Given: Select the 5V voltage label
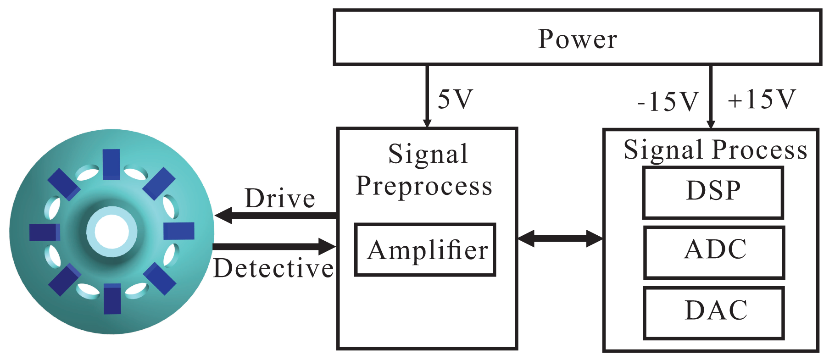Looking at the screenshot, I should coord(455,99).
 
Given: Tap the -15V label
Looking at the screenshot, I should coord(668,101).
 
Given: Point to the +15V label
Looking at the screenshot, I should coord(762,99).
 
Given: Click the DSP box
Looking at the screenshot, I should coord(713,193).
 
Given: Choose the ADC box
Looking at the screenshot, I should coord(714,252).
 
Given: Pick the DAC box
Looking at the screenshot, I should coord(714,313).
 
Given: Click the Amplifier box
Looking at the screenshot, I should coord(425,250).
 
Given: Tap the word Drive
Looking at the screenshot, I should coord(280,199).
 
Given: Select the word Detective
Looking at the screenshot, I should coord(273,268).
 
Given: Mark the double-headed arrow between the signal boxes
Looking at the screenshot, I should coord(560,238).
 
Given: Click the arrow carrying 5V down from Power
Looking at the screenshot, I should coord(427,96).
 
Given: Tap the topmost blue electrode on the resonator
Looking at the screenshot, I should coord(111,164).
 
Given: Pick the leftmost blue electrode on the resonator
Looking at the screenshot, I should coord(45,232).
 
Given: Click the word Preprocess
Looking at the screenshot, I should coord(424,186).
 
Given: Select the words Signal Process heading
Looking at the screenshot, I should coord(715,150).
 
